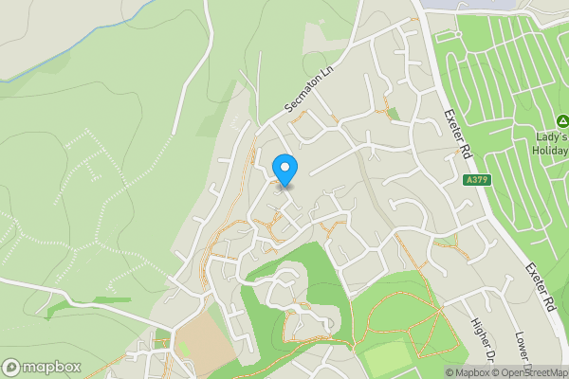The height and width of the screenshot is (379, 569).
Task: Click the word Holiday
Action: [550, 151]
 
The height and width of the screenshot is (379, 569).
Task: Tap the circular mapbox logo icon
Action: [12, 367]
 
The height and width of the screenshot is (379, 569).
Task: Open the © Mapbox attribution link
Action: [468, 371]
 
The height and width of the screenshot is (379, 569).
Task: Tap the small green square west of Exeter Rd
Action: [393, 114]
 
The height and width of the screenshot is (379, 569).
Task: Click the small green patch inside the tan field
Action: [186, 350]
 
